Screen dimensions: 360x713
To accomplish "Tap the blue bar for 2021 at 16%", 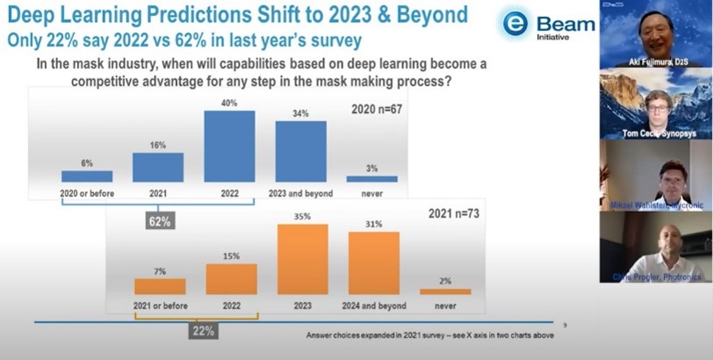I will [158, 167].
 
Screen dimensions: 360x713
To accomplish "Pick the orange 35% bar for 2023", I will [303, 259].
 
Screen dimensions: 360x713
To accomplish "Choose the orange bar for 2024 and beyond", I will [374, 263].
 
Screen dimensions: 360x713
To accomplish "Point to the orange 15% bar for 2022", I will [232, 278].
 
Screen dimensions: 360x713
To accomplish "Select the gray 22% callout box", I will [202, 331].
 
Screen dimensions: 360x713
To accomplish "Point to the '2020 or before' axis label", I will [86, 193].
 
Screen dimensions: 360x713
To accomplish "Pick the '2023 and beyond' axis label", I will [300, 193].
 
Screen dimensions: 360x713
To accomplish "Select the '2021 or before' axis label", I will [159, 306].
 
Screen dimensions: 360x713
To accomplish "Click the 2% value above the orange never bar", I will [445, 280].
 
